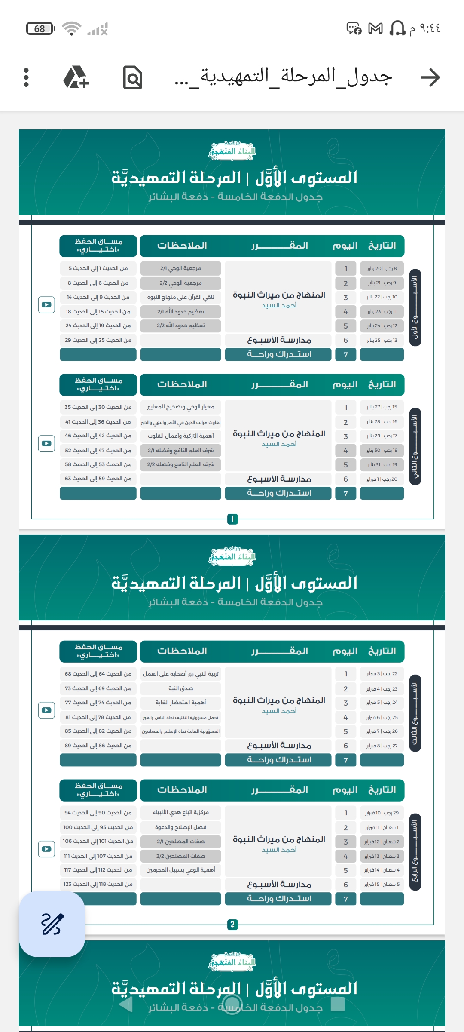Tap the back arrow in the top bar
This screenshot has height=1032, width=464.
[430, 77]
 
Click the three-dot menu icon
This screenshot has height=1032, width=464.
[26, 77]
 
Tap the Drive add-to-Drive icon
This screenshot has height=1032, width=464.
[76, 77]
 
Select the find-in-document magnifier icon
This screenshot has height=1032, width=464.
[132, 77]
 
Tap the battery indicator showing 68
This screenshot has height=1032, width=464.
[40, 29]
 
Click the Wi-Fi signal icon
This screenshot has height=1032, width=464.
[71, 29]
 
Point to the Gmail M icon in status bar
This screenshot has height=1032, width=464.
[375, 29]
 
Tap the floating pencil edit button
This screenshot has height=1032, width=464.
[52, 924]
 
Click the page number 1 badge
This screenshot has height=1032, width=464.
[232, 519]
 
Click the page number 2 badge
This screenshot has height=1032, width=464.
[232, 924]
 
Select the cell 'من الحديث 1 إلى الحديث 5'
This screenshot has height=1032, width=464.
[98, 268]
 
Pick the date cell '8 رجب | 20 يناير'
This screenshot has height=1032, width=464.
[382, 268]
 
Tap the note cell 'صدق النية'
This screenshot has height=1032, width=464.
[180, 688]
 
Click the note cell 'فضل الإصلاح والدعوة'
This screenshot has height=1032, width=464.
[180, 827]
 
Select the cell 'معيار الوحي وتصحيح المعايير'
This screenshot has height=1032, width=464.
[180, 407]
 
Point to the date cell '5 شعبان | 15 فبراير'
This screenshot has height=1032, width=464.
[382, 885]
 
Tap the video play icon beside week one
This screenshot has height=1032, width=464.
[46, 305]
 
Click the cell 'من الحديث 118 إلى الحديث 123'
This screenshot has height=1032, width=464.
[98, 884]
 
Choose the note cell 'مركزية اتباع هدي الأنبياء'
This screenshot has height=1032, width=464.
[180, 813]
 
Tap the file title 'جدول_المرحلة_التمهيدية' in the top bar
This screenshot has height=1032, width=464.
[284, 77]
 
